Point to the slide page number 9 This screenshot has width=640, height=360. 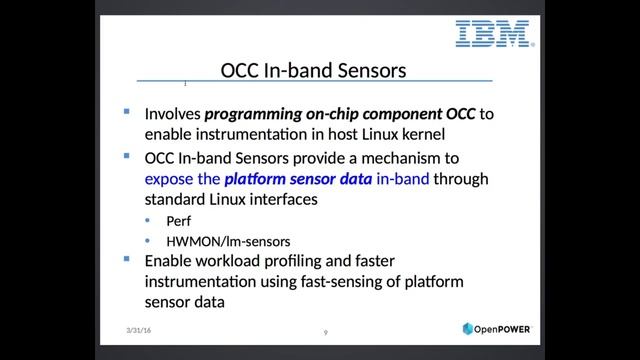coord(325,332)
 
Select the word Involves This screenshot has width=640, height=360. coord(173,114)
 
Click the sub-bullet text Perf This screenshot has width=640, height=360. coord(178,221)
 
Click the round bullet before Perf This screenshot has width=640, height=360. coord(148,221)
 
